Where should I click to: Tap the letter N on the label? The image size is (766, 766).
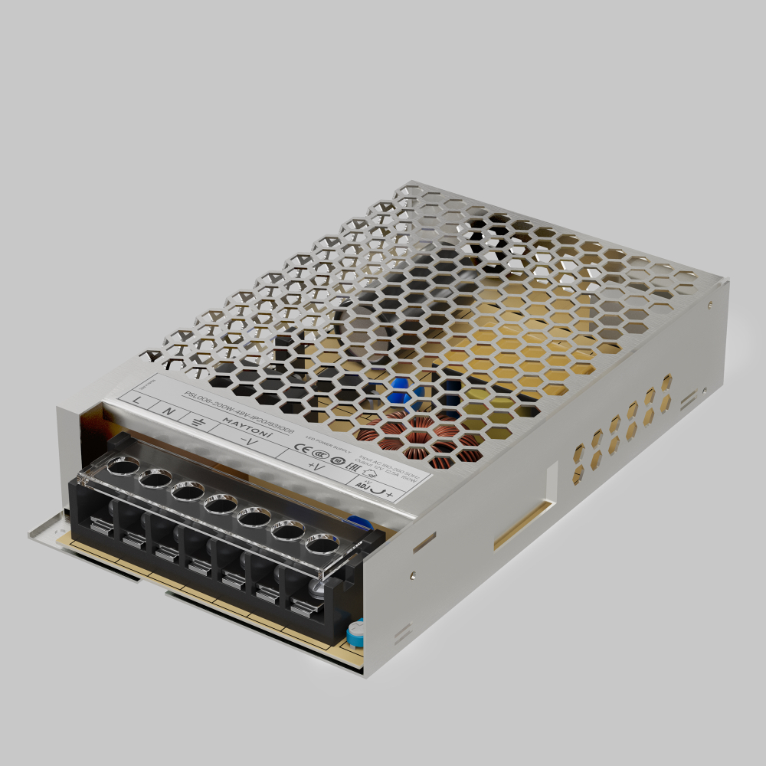click(x=170, y=411)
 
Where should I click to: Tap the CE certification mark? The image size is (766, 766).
click(x=301, y=450)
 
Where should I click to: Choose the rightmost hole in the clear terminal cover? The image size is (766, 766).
click(x=322, y=545)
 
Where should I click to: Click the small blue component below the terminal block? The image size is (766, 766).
click(x=355, y=632)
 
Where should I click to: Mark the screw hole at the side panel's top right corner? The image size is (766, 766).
click(x=712, y=305)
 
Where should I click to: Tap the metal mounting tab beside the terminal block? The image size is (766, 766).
click(x=46, y=529)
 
